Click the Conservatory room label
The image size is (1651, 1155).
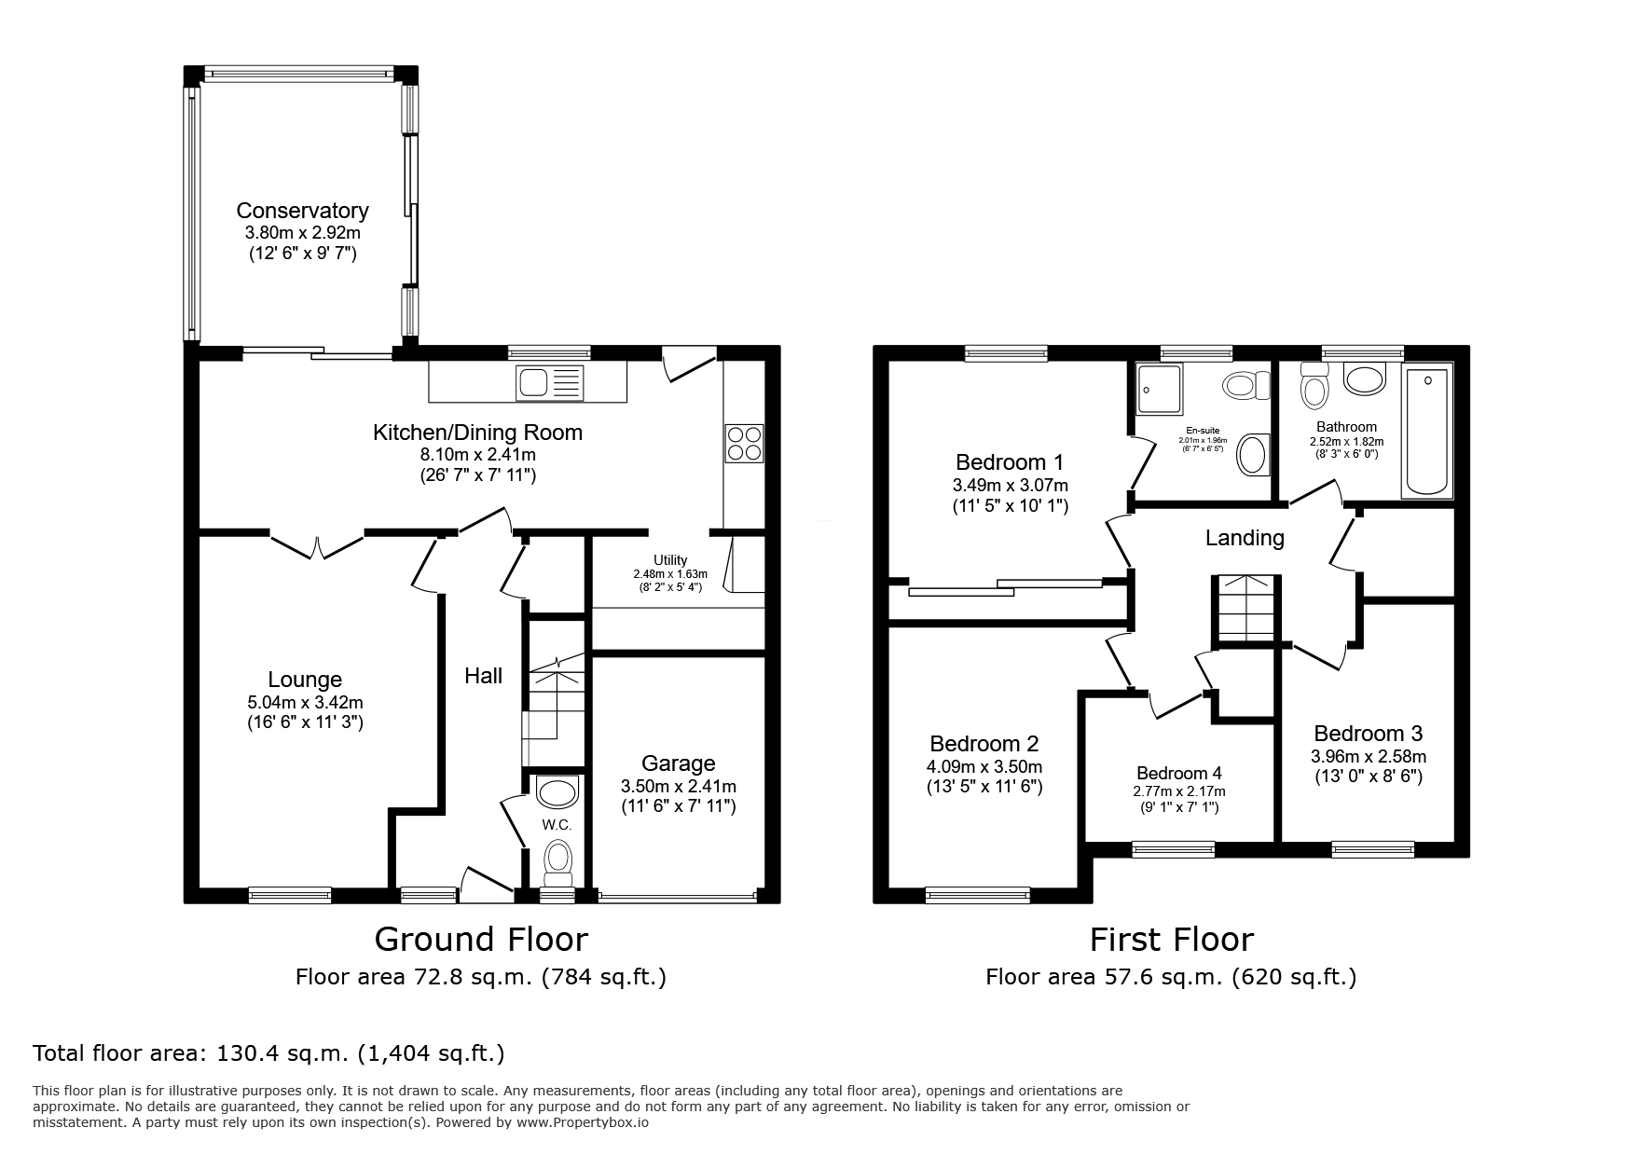(x=302, y=211)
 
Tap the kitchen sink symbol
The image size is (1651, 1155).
(x=550, y=382)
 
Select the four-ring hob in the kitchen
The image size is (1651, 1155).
(x=743, y=442)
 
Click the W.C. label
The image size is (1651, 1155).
(x=557, y=825)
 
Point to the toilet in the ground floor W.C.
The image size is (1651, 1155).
(x=558, y=860)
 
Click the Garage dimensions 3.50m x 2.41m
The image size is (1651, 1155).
(x=679, y=787)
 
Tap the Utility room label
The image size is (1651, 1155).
(x=669, y=560)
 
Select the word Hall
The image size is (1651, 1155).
(x=483, y=676)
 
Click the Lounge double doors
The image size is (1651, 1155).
(x=317, y=545)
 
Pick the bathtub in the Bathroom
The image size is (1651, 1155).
(x=1426, y=432)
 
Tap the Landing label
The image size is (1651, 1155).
(x=1245, y=538)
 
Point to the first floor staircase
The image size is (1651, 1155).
(x=1244, y=611)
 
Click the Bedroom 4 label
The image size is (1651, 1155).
(x=1178, y=773)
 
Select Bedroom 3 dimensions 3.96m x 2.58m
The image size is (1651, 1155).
(x=1368, y=756)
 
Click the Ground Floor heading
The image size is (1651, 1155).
(x=481, y=939)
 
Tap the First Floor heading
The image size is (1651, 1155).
(x=1171, y=939)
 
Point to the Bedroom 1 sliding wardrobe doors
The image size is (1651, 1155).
(x=1005, y=587)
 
